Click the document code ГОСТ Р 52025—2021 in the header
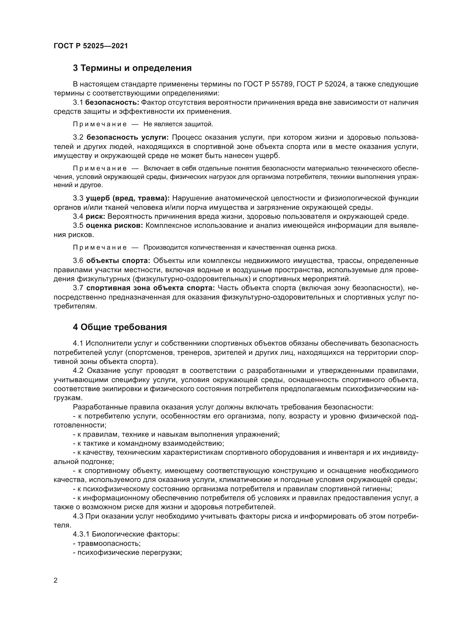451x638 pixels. [x=91, y=46]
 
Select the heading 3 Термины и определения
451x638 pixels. [x=132, y=68]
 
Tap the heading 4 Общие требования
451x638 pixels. [x=120, y=327]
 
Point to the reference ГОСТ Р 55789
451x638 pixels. [x=268, y=84]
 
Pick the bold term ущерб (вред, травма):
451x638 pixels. [x=127, y=198]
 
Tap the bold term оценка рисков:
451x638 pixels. [x=114, y=226]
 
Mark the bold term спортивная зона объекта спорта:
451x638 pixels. [x=151, y=288]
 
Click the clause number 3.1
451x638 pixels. [x=78, y=103]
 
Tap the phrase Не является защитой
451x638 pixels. [x=178, y=124]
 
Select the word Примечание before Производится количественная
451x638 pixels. [x=100, y=247]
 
